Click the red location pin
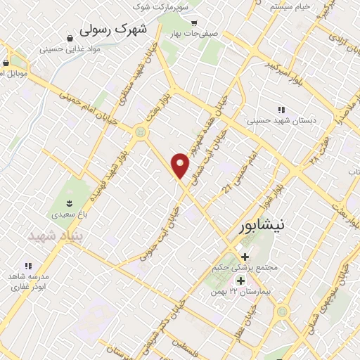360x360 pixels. pyautogui.click(x=181, y=165)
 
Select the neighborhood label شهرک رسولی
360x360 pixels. pyautogui.click(x=115, y=29)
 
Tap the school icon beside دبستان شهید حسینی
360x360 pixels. pyautogui.click(x=282, y=109)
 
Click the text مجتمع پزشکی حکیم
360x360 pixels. pyautogui.click(x=245, y=268)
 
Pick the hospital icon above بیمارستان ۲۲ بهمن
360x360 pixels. pyautogui.click(x=241, y=281)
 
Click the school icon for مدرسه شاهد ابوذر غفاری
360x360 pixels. pyautogui.click(x=29, y=266)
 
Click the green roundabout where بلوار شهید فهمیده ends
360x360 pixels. pyautogui.click(x=142, y=131)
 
